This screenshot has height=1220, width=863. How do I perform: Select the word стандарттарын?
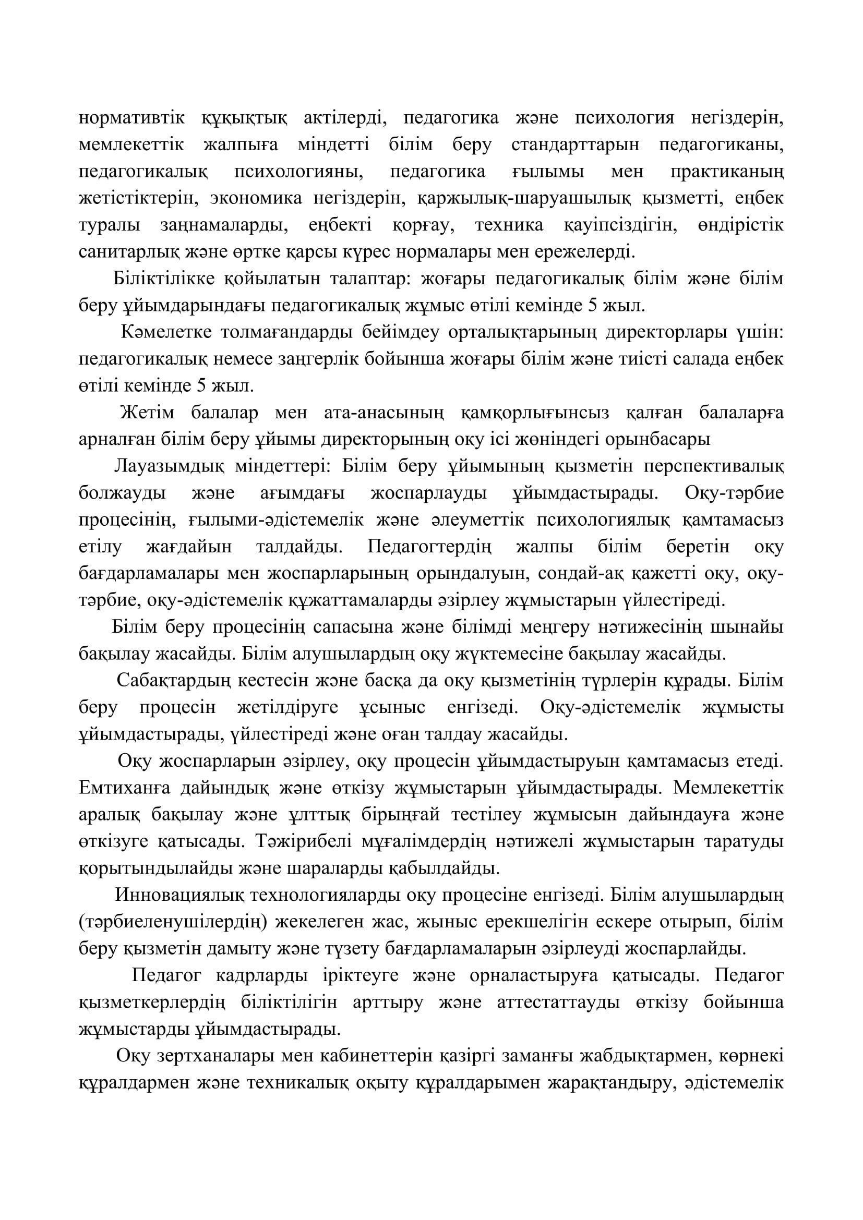pyautogui.click(x=576, y=145)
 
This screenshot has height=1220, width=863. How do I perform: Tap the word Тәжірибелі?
pyautogui.click(x=303, y=842)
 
